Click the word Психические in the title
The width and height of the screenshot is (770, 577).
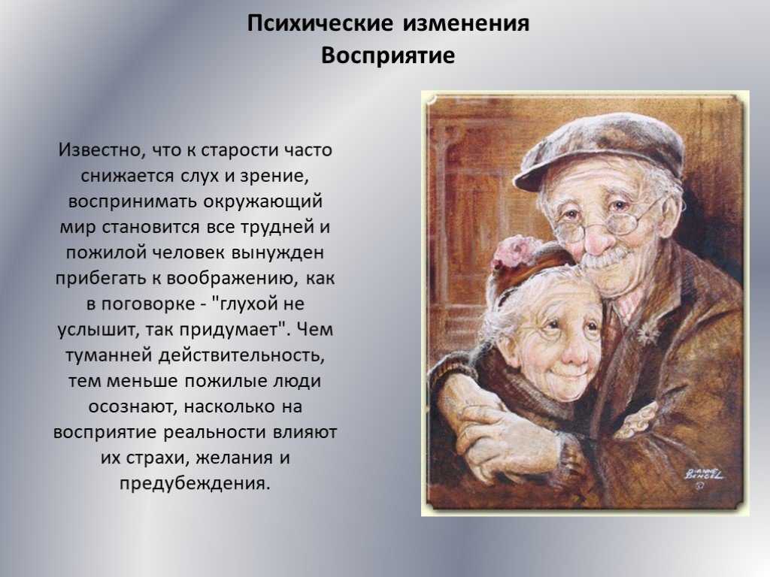pos(320,23)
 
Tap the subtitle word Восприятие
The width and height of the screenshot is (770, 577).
pos(388,56)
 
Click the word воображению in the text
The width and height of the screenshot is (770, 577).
pos(232,278)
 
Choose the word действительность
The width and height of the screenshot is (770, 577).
pos(241,355)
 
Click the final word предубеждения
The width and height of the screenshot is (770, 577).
pos(195,483)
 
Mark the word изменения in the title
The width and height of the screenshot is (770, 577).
pos(466,23)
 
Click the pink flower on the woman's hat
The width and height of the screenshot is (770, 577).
pos(512,249)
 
